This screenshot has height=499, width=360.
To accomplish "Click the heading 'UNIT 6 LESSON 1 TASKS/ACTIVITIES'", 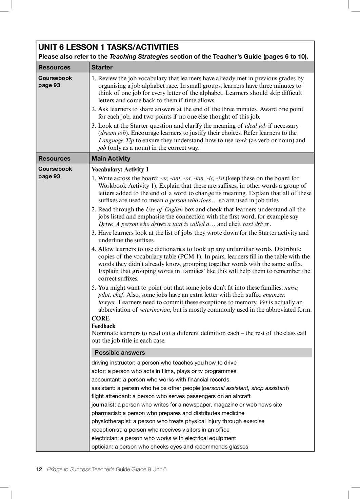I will point(108,47).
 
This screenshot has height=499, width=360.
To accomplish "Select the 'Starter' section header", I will point(102,67).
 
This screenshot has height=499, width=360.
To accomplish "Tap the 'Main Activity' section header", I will point(111,159).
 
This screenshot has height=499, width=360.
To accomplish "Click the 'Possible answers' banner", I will point(120,353).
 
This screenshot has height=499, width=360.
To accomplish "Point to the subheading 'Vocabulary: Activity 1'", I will point(120,170).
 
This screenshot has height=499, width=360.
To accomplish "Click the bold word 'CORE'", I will point(101,318).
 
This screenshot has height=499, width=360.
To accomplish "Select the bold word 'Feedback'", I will point(103,326).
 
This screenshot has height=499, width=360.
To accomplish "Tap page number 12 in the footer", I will point(39,469).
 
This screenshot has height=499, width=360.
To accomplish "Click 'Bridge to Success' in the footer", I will point(69,469).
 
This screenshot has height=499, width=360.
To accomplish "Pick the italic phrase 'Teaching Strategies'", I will point(139,57).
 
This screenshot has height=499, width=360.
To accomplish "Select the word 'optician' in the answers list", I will point(101,447).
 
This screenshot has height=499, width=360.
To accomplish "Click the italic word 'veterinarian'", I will point(155,310).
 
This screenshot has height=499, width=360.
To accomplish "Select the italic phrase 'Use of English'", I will point(164,209).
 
